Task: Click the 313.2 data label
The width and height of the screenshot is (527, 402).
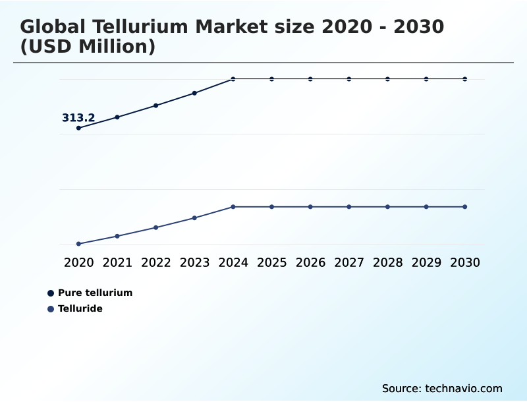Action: [x=78, y=118]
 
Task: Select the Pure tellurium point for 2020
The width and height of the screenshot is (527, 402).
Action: [x=79, y=128]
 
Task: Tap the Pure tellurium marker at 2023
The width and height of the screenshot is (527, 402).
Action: [x=194, y=93]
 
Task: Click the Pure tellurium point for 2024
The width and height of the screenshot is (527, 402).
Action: [x=233, y=79]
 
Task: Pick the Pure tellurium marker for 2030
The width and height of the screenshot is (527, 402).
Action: [x=464, y=79]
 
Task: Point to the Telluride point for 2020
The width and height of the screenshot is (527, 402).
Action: [x=79, y=244]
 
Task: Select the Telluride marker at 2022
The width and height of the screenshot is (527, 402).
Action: [x=156, y=227]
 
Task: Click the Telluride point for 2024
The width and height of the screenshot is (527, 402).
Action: [x=233, y=207]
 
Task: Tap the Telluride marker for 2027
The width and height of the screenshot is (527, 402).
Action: [x=349, y=207]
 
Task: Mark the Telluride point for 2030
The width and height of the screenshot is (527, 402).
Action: [x=464, y=207]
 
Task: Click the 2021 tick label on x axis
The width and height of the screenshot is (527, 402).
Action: [x=117, y=263]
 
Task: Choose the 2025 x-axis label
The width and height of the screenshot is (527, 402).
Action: [x=271, y=263]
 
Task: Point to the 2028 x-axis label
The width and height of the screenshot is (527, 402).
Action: [x=387, y=263]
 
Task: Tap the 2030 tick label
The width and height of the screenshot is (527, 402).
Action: [x=464, y=263]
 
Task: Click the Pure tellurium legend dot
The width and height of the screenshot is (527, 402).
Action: [x=51, y=293]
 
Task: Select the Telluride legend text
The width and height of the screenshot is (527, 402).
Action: [x=80, y=308]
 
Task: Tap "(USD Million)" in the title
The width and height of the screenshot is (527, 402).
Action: [x=88, y=47]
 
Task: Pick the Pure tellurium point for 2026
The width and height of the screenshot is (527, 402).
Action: [x=310, y=79]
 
